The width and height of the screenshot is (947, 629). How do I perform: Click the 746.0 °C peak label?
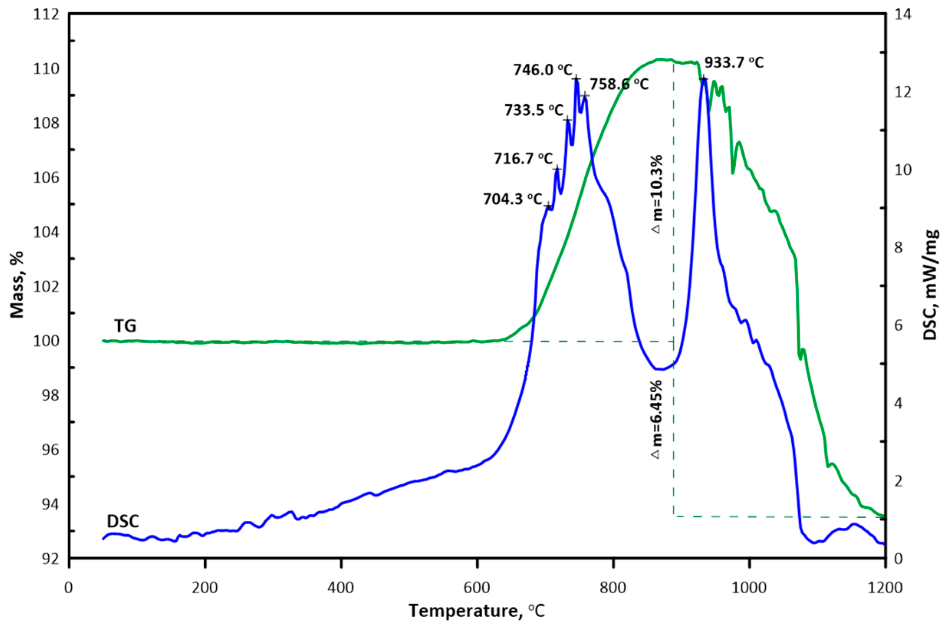point(543,70)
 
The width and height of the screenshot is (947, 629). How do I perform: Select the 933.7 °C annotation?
point(734,63)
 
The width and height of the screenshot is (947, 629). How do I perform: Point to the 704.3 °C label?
point(512,199)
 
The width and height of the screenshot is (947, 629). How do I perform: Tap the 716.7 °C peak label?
point(523,159)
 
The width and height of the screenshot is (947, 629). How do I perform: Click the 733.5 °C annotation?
point(534,110)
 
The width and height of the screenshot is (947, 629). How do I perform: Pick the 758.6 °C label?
point(619,85)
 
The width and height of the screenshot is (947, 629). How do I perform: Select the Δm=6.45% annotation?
point(656,419)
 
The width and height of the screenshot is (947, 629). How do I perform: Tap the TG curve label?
point(125,326)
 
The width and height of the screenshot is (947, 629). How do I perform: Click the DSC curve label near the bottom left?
point(123,521)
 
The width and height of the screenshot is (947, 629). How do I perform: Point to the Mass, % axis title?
point(17,285)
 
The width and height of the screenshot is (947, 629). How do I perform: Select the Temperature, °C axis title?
point(477,611)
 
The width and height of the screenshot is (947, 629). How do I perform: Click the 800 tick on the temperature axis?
point(613,588)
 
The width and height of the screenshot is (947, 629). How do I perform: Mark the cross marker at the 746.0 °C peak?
point(576,78)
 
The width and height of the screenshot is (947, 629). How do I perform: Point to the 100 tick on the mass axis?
point(46,341)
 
